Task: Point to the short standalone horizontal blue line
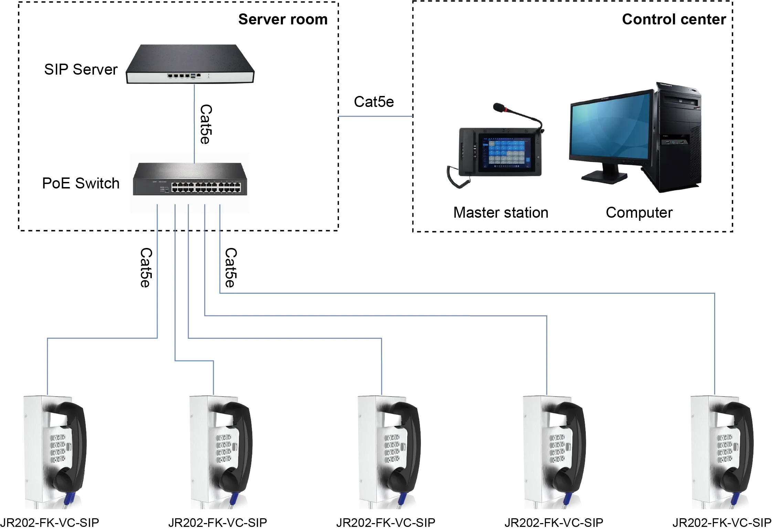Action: click(x=374, y=117)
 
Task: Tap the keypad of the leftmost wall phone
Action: click(x=59, y=449)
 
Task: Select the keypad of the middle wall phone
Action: click(x=391, y=449)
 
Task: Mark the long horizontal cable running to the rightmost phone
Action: click(x=465, y=293)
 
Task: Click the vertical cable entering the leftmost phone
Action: click(x=47, y=368)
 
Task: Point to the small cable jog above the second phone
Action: click(x=194, y=360)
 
